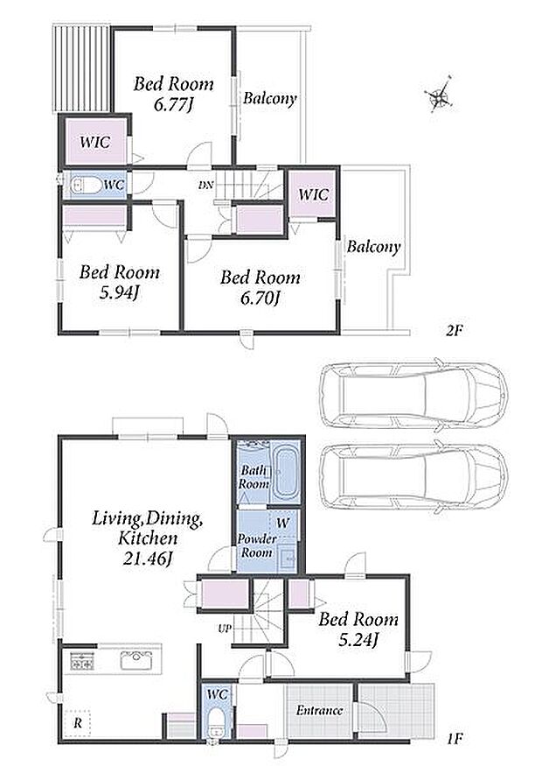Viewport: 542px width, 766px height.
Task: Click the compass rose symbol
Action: [x=440, y=98]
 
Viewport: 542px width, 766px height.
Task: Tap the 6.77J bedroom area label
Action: [x=174, y=104]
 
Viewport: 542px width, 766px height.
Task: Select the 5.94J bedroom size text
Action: [x=120, y=292]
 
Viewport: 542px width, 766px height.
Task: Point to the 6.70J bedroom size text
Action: [x=260, y=298]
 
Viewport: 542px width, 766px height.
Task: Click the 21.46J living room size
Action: [x=148, y=559]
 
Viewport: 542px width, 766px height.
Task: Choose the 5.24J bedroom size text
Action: [x=358, y=639]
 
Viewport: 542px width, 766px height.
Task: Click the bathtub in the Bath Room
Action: [x=286, y=473]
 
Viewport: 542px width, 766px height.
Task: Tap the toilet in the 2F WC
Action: [x=86, y=186]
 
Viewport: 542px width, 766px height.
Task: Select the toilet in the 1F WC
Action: [x=215, y=722]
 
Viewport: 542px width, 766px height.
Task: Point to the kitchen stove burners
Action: [x=82, y=661]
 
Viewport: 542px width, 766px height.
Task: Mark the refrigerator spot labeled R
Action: [x=78, y=722]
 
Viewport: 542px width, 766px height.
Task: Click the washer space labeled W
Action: [x=283, y=523]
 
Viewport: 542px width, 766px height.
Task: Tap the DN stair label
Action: [x=205, y=186]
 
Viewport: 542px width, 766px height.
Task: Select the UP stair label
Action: [x=225, y=629]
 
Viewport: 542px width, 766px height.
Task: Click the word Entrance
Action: [x=319, y=710]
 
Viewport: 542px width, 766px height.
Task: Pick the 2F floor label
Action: [x=454, y=331]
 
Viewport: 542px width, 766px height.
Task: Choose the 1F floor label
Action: [x=454, y=738]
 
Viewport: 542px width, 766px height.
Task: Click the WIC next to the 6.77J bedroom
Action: [x=94, y=142]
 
